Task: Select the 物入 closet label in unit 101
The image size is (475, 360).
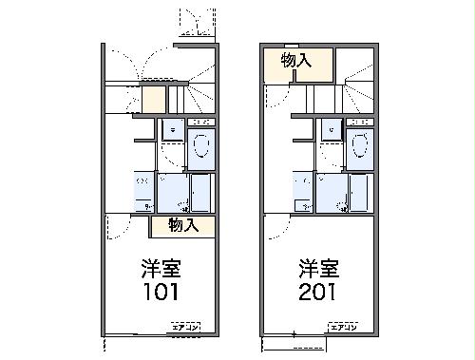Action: pos(182,225)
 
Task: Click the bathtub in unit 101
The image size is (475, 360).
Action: pos(200,193)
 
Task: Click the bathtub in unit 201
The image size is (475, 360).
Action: pos(358,193)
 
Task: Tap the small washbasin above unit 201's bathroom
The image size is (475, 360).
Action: pos(331,131)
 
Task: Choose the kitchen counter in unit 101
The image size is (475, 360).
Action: pos(144,191)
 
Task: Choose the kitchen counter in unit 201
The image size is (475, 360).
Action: pos(302,191)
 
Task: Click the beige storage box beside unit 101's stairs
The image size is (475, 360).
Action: pos(154,98)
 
